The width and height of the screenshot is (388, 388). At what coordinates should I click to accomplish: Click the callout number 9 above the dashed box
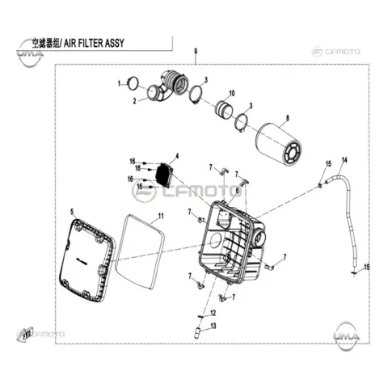pos(196,51)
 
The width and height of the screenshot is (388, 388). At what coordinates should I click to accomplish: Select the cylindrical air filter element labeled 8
pos(279,145)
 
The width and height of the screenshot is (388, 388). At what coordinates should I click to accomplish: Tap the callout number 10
pos(232,93)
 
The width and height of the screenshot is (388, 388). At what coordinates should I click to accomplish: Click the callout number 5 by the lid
pos(72,212)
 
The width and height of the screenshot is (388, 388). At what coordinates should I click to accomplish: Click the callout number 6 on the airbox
pos(237,191)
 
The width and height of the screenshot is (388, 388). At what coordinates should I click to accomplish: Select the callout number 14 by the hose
pos(344,160)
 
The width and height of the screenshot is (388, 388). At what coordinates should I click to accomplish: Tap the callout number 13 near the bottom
pos(213,327)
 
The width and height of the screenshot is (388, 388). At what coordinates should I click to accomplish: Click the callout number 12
pos(213,313)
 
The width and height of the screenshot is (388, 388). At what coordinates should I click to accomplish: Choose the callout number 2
pos(134,101)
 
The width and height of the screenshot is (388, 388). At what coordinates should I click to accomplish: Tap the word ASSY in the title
pos(115,43)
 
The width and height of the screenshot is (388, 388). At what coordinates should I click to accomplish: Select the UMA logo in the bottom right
pos(347,333)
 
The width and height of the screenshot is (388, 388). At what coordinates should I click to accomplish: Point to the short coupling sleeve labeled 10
pos(224,109)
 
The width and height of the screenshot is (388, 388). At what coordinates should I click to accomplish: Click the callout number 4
pos(177,156)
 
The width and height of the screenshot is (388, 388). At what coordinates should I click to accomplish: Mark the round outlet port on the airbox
pos(259,237)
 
